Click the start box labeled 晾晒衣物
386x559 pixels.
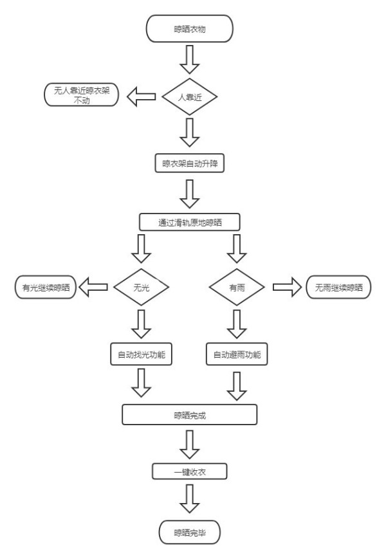click(x=189, y=28)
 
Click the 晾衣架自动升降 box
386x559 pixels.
click(x=189, y=163)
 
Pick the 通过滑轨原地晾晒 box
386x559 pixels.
click(x=189, y=223)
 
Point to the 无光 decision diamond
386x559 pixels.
click(x=141, y=288)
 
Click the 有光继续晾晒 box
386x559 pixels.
click(x=44, y=288)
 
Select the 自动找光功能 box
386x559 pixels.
click(x=141, y=353)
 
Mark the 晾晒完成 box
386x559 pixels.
click(x=189, y=415)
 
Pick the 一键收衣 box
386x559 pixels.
click(x=189, y=472)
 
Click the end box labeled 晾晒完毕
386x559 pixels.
click(x=189, y=532)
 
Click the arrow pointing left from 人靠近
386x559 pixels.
click(x=140, y=96)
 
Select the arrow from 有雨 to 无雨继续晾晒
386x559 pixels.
click(x=288, y=288)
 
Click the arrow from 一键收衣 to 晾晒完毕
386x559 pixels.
click(x=189, y=498)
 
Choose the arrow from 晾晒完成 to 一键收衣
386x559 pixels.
click(x=189, y=443)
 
